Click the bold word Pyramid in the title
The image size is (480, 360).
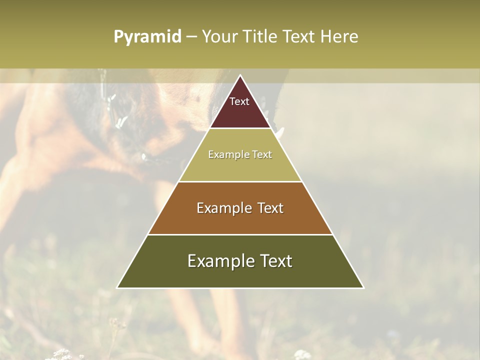147,37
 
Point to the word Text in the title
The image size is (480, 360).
300,37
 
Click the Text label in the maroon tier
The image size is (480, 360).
239,101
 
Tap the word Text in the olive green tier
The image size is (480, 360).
275,261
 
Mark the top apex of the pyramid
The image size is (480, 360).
240,75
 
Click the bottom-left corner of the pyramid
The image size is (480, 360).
117,287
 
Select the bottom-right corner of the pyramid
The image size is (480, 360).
363,287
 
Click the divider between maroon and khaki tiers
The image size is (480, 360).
240,128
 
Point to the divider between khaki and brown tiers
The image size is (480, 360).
240,181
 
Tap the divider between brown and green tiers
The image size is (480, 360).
240,234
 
